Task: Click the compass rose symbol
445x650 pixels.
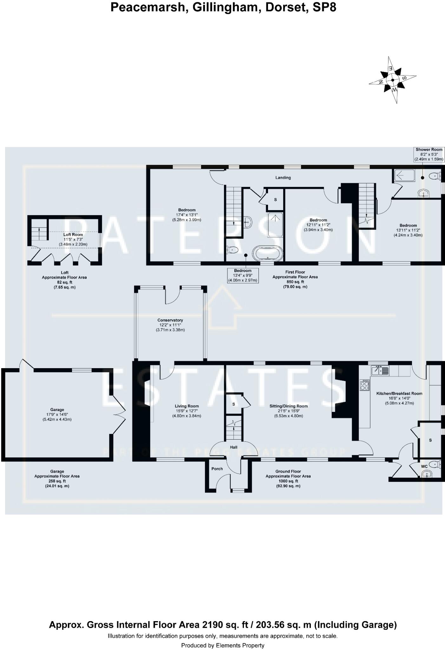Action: (x=393, y=80)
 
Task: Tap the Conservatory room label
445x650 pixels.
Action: (x=170, y=320)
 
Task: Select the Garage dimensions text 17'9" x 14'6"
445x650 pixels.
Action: (x=57, y=415)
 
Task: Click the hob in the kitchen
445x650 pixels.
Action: (x=364, y=385)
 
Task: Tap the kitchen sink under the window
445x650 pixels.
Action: (x=380, y=370)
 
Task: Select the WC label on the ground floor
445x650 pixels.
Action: (x=424, y=466)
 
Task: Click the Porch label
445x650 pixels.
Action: (x=217, y=468)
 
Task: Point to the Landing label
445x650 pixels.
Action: (x=283, y=178)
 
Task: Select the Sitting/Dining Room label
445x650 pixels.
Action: (x=288, y=406)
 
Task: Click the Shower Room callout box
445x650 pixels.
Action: (x=429, y=154)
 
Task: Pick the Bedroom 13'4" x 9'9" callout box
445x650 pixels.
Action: (x=243, y=275)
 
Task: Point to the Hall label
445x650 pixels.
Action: (x=233, y=447)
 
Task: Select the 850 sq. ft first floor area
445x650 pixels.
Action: (x=295, y=282)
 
